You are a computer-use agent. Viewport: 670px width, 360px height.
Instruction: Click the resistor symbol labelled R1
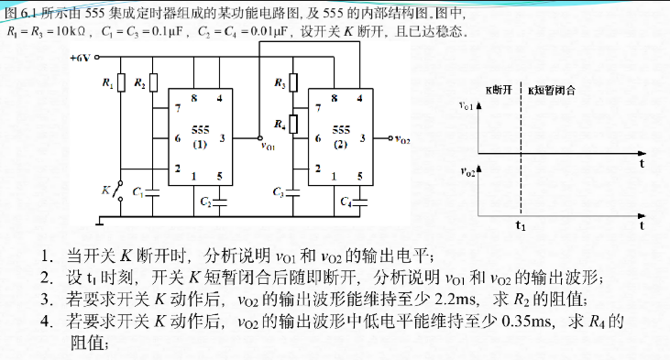[x=121, y=82]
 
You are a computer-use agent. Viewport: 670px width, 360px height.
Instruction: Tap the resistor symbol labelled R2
[x=153, y=82]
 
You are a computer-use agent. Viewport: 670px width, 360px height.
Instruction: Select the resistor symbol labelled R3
[x=293, y=82]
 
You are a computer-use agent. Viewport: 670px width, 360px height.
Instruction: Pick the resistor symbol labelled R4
[x=293, y=124]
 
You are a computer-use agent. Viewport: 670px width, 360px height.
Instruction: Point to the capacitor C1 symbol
[x=152, y=193]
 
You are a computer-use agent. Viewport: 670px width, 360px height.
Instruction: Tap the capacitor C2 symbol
[x=220, y=202]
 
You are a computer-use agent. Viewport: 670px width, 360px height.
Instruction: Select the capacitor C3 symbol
[x=293, y=193]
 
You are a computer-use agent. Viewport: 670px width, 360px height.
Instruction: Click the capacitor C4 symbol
[x=360, y=202]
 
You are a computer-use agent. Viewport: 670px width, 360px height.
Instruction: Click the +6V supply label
[x=81, y=58]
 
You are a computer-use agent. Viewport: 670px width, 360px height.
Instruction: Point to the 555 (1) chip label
[x=200, y=136]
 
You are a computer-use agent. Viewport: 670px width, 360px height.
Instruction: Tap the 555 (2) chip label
[x=341, y=136]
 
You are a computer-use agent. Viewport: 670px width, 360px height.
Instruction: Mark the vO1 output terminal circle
[x=259, y=138]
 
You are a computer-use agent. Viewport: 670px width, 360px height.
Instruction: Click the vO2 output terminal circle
[x=390, y=138]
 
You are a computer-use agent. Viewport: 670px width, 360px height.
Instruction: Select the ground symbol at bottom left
[x=100, y=221]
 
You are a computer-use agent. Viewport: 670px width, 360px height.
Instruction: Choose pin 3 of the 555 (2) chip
[x=362, y=138]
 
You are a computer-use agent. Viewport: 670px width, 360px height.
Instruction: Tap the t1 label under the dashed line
[x=521, y=225]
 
